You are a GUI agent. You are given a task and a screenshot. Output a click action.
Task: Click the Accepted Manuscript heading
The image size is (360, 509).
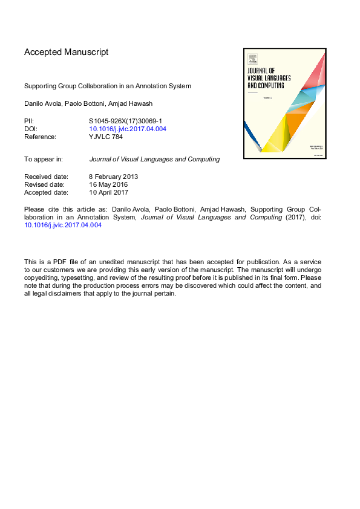point(67,52)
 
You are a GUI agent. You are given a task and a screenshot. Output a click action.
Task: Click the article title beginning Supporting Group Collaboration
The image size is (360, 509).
point(108,86)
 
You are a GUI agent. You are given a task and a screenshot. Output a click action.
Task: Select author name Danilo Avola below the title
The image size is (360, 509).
point(42,103)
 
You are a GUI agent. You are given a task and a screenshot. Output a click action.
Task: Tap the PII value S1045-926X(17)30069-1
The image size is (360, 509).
point(125,121)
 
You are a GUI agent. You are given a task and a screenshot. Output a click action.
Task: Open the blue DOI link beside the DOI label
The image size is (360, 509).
point(128,129)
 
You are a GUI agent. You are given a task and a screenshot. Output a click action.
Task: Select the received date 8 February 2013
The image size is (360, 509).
point(114,177)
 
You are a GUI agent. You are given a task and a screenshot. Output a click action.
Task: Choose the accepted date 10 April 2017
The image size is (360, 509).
point(109,192)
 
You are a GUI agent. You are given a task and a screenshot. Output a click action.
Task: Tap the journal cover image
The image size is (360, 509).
point(285,103)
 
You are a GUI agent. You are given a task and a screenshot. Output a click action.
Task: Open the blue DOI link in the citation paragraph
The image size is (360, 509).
point(63,225)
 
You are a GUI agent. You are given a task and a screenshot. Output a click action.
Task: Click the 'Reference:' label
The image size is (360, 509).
point(41,137)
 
